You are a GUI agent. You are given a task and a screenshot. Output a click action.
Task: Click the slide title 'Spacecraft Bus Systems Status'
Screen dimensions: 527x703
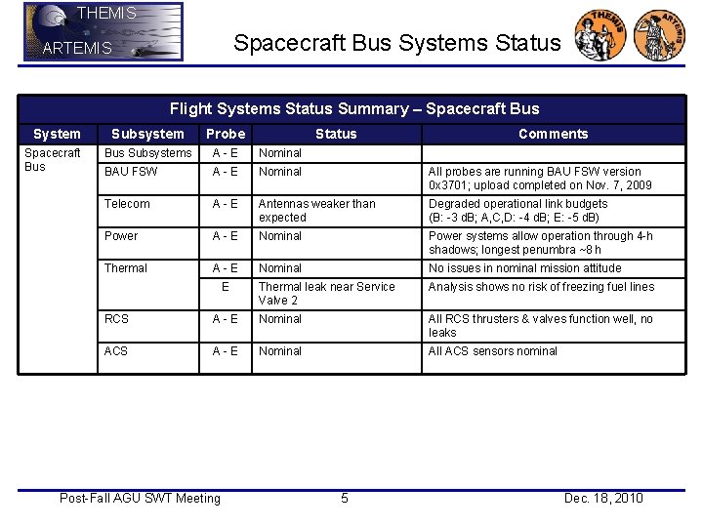point(396,43)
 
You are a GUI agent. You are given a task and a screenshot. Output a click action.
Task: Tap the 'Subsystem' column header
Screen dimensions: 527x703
point(147,134)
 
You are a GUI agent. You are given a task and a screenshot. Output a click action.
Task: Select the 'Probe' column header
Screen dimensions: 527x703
point(226,134)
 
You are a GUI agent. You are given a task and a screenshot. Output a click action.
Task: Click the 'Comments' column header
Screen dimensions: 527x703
point(553,134)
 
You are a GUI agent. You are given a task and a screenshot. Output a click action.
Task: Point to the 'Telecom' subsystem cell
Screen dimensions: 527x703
point(127,204)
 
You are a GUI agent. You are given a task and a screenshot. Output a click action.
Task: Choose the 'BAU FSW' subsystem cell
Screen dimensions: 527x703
point(130,172)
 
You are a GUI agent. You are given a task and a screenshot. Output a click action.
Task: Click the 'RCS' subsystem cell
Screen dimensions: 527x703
point(116,319)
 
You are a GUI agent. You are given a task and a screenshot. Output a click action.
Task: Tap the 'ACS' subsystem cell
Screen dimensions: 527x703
point(116,351)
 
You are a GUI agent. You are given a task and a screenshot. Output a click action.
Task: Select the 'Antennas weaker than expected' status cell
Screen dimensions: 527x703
point(316,211)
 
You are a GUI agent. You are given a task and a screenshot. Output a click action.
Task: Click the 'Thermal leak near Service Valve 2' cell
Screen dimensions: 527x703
point(326,294)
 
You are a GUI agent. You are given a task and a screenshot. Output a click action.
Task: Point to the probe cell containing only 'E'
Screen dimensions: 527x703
point(226,287)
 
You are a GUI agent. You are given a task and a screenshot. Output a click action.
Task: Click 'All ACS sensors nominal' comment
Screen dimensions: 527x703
point(493,351)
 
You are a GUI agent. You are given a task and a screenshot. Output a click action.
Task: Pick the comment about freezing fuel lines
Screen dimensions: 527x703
point(541,287)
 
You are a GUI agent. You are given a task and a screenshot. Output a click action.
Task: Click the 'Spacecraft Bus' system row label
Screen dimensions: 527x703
point(53,160)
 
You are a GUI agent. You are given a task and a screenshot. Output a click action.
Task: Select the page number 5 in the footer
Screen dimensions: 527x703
point(344,499)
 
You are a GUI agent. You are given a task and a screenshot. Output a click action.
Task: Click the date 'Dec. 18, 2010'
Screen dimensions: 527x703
point(603,499)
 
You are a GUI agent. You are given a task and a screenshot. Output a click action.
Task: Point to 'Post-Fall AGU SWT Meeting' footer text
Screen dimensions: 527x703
point(140,499)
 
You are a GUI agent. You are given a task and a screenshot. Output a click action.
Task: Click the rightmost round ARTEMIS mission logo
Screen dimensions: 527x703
point(659,36)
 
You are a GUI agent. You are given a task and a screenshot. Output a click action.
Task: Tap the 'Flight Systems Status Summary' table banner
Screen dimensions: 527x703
point(353,109)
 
